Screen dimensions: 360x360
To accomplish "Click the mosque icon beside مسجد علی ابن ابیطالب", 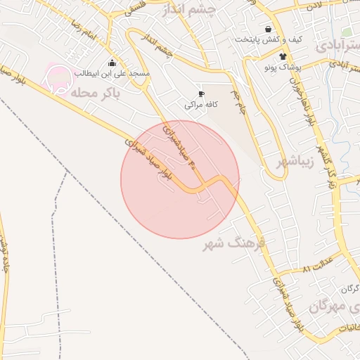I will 112,63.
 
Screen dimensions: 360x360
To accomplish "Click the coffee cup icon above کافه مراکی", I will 201,94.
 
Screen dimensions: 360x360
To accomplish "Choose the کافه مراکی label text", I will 200,105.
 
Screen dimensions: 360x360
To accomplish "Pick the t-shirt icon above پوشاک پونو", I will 282,57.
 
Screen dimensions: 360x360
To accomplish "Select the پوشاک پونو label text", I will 282,67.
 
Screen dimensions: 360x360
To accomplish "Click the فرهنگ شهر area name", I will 233,244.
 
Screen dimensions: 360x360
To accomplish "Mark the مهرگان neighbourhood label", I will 328,306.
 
